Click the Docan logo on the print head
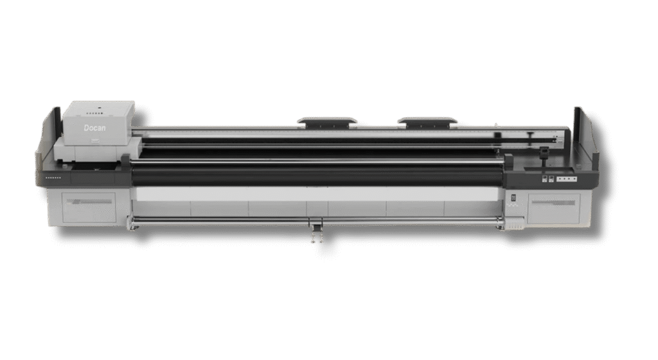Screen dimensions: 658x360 pyautogui.click(x=95, y=127)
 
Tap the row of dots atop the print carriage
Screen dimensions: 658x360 pyautogui.click(x=95, y=113)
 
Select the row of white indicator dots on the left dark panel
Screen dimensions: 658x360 pyautogui.click(x=53, y=177)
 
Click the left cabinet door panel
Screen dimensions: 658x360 pyautogui.click(x=89, y=207)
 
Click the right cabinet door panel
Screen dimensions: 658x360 pyautogui.click(x=554, y=208)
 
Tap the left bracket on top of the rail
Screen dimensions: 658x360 pyautogui.click(x=327, y=122)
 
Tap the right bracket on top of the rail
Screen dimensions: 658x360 pyautogui.click(x=427, y=122)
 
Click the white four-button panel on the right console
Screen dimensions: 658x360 pyautogui.click(x=567, y=179)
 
